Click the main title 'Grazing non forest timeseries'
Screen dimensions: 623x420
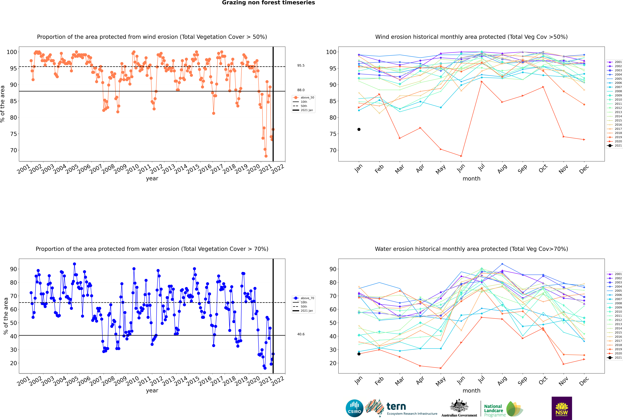click(x=268, y=3)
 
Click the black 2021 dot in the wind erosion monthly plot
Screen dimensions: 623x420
click(x=359, y=129)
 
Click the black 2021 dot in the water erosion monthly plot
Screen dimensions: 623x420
click(x=359, y=354)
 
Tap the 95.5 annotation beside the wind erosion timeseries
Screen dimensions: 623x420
click(x=301, y=65)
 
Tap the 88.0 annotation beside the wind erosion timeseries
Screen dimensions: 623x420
click(x=301, y=90)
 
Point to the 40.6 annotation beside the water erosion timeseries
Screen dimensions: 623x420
click(x=301, y=334)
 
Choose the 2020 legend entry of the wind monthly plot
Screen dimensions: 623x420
click(x=615, y=141)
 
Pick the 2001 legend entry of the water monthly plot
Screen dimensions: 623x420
click(x=615, y=274)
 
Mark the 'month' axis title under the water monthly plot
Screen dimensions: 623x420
click(x=471, y=391)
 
